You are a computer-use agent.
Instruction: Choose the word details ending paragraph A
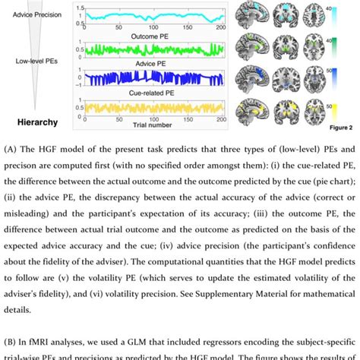click(x=25, y=311)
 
